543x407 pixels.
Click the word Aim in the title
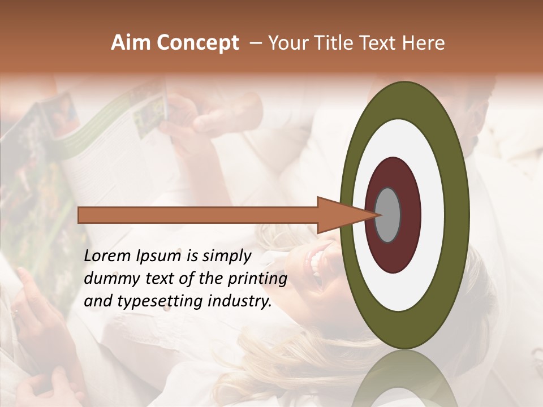[132, 43]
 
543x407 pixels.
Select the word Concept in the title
[198, 44]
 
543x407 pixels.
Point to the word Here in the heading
[424, 43]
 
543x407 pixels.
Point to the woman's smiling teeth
[315, 261]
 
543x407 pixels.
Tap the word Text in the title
[379, 43]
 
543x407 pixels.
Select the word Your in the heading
[287, 43]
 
